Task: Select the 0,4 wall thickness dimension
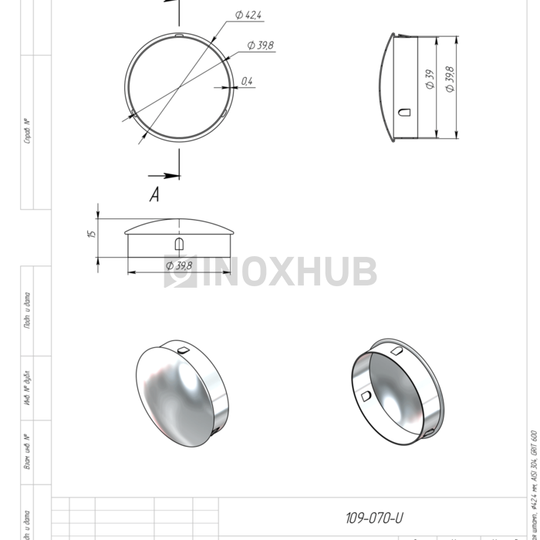(246, 80)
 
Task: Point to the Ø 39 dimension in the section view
(430, 81)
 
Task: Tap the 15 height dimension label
(91, 234)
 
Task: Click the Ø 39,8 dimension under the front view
(179, 265)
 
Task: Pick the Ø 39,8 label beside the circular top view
(261, 46)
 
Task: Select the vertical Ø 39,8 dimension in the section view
(450, 79)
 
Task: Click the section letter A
(154, 196)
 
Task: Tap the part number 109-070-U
(374, 518)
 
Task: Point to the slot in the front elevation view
(179, 244)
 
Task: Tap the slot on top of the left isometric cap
(183, 351)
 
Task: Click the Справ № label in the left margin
(28, 131)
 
